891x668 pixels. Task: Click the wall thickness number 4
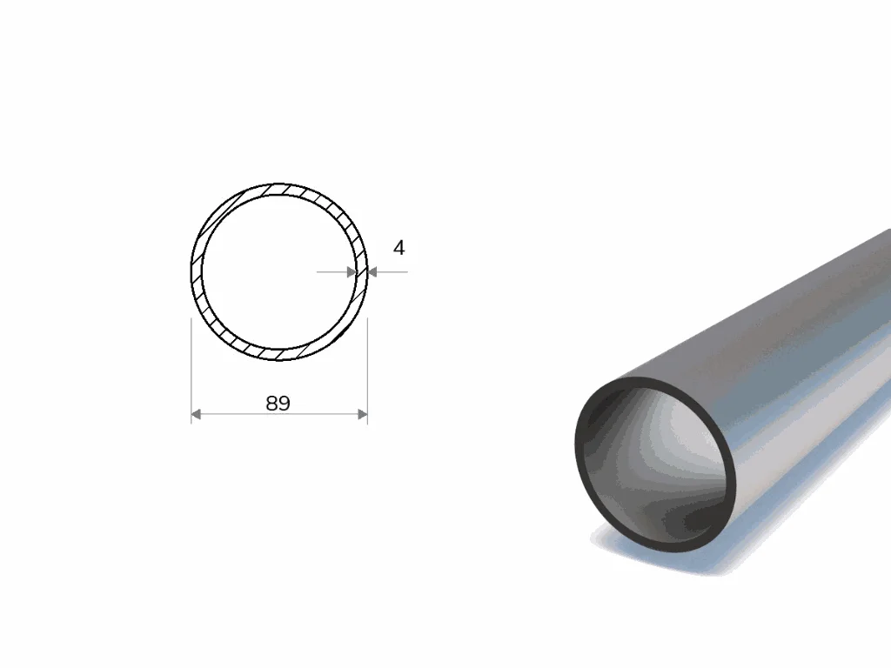(399, 248)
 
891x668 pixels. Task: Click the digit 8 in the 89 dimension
(271, 404)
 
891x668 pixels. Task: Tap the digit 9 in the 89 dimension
(285, 404)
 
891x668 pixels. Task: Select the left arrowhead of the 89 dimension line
(196, 415)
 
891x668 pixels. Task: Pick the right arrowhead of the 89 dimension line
(363, 415)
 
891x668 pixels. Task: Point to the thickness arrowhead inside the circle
(352, 272)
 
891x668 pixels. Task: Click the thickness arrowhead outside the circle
(372, 272)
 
